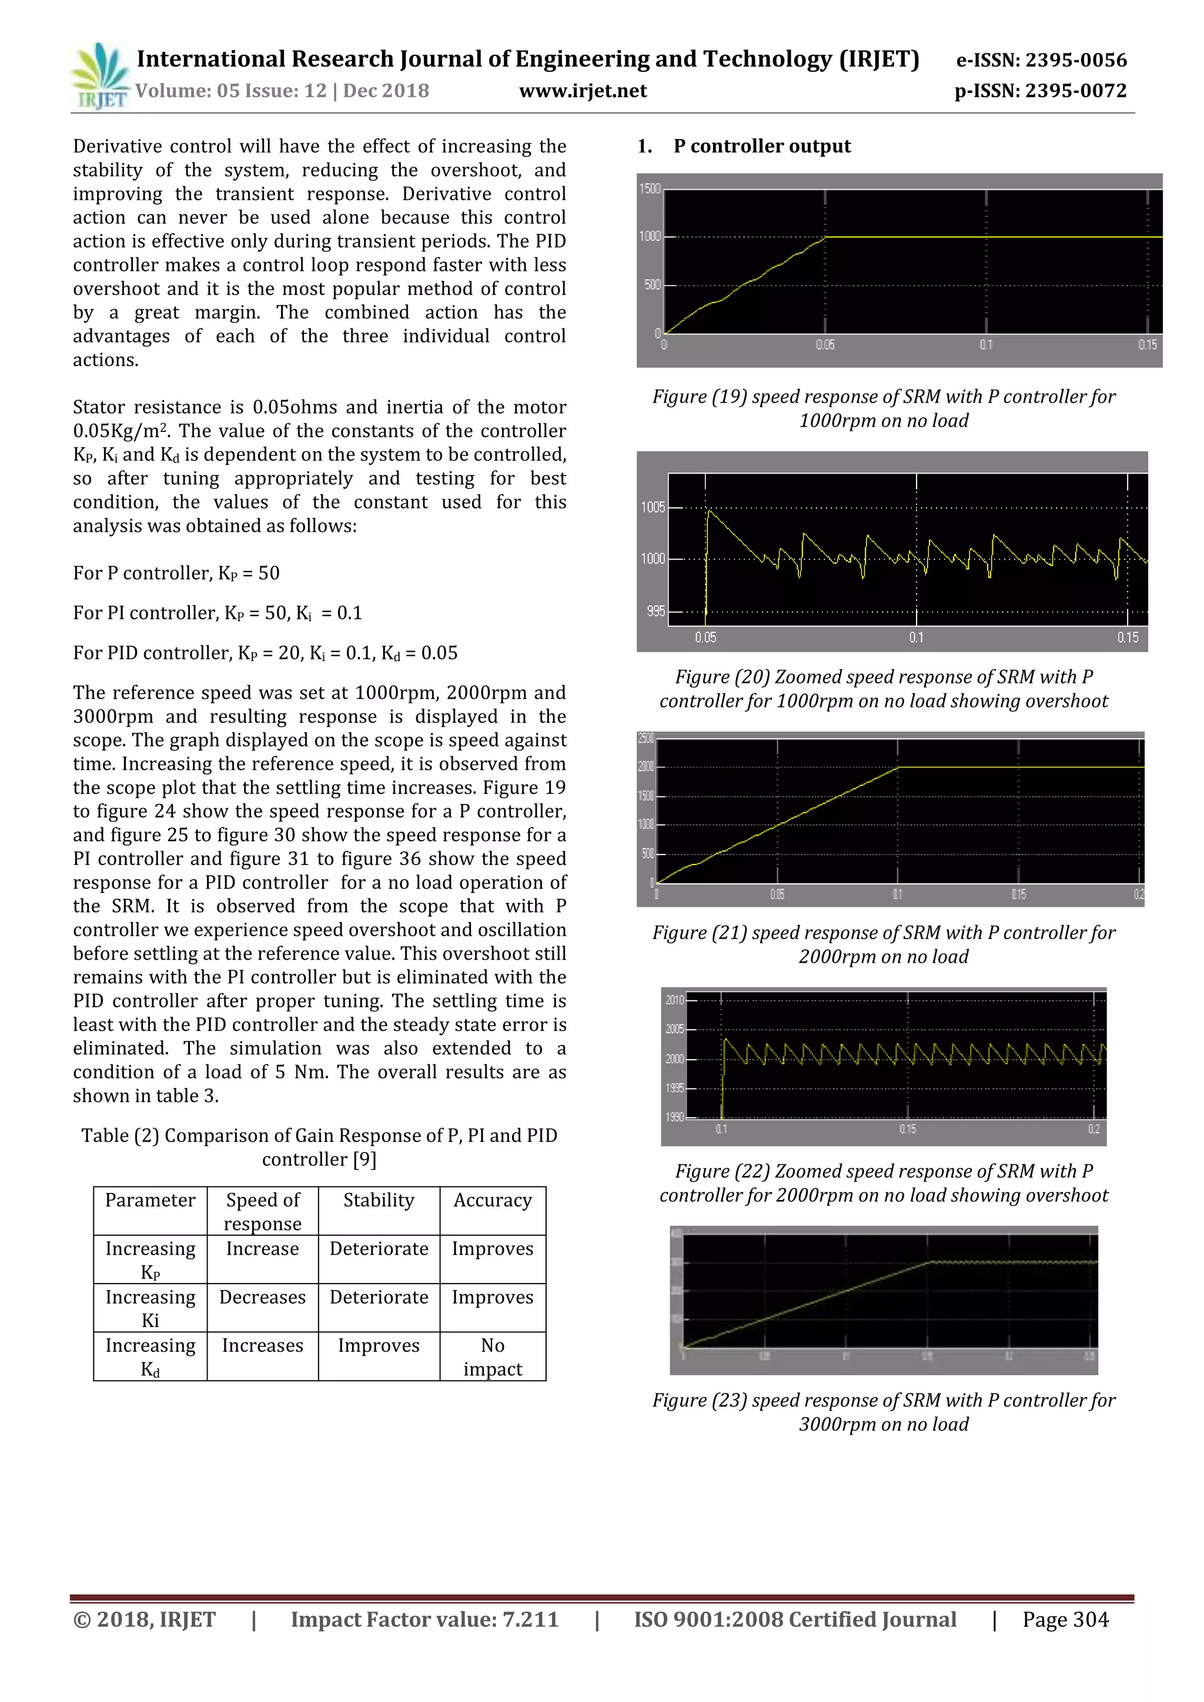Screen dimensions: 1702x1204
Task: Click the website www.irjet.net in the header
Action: click(x=583, y=91)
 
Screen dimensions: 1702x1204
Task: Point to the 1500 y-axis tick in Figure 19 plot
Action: click(x=650, y=189)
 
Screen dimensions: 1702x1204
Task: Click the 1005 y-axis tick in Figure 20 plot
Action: click(x=653, y=508)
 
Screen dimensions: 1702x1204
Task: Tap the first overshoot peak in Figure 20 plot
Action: click(x=709, y=511)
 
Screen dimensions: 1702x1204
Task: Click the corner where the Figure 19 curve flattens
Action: click(x=826, y=237)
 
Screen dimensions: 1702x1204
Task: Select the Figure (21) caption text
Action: click(x=883, y=944)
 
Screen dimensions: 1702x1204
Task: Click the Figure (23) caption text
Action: click(x=883, y=1412)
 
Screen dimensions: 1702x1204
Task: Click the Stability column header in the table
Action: click(x=378, y=1200)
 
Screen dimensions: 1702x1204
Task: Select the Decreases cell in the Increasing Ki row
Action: click(x=262, y=1297)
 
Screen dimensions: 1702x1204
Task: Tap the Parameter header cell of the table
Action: click(x=150, y=1200)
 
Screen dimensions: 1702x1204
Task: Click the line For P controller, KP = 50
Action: click(x=176, y=573)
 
